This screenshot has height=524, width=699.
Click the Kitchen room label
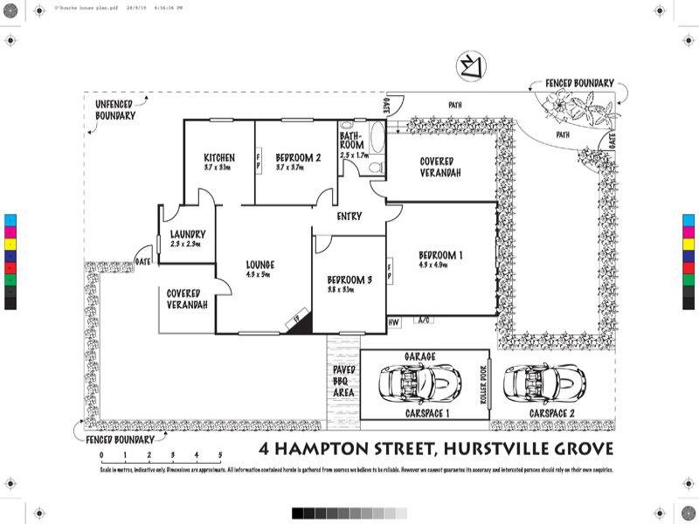218,157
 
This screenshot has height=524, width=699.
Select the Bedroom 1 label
440,255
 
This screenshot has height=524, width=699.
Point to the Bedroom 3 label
350,279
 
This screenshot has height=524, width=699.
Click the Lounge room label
260,265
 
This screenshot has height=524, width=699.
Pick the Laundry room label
188,234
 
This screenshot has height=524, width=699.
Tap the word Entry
349,216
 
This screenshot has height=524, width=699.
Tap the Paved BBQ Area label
343,381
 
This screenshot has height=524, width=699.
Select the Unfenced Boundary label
115,109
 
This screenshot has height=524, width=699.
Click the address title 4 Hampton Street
437,449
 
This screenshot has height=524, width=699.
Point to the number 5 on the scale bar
220,455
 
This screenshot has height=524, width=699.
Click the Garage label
419,356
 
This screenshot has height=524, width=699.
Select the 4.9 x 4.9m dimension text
433,264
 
